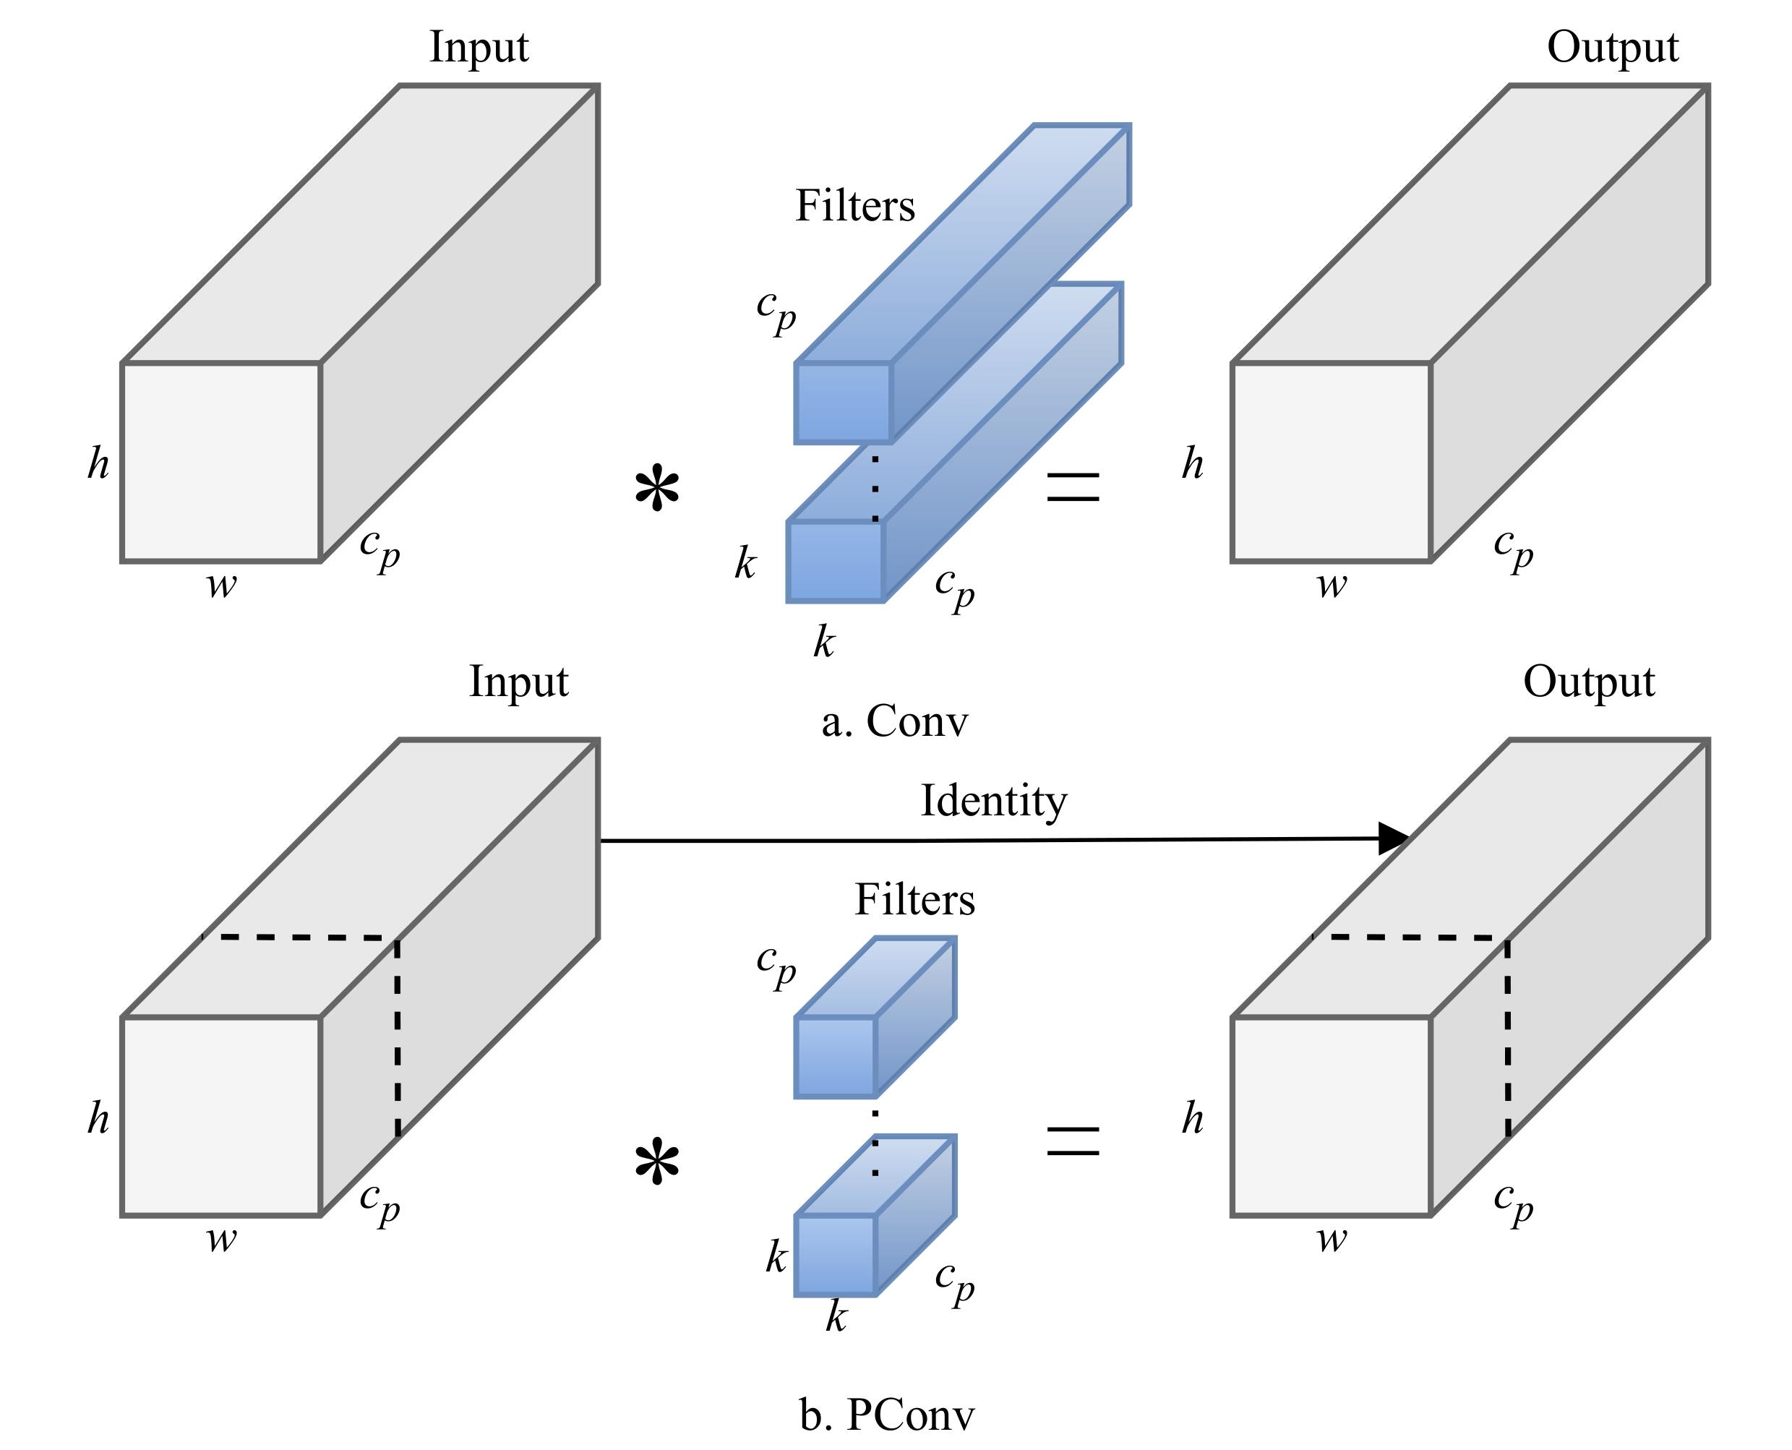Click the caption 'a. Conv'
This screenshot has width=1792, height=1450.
tap(894, 721)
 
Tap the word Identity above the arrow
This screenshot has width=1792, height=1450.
tap(993, 801)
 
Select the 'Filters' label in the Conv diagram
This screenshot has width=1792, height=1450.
tap(854, 205)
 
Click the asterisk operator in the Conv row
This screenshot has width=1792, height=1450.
tap(656, 491)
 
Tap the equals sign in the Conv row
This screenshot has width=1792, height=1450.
tap(1073, 487)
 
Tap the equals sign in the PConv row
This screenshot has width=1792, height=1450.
tap(1073, 1141)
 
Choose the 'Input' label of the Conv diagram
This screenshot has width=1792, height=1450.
tap(479, 47)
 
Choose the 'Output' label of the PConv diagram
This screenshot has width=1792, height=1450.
tap(1588, 682)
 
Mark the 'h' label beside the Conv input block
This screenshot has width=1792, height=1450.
tap(98, 463)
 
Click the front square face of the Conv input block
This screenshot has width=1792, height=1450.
tap(221, 462)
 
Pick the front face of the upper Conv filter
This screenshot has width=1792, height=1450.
tap(843, 403)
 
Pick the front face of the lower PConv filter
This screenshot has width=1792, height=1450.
tap(835, 1256)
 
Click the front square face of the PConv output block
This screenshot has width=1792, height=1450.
tap(1332, 1116)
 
